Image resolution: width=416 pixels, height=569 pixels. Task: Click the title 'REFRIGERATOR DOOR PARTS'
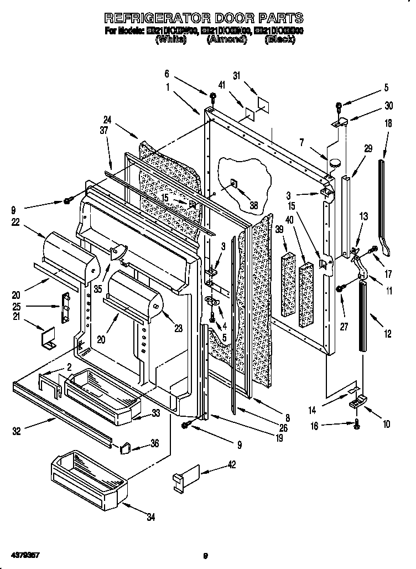tap(204, 18)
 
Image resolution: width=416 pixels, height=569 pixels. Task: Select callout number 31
tap(237, 77)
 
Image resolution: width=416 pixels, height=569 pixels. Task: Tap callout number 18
tap(388, 123)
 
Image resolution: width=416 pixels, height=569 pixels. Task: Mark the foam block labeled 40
tap(306, 293)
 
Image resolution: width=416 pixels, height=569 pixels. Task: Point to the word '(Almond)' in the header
tap(226, 40)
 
